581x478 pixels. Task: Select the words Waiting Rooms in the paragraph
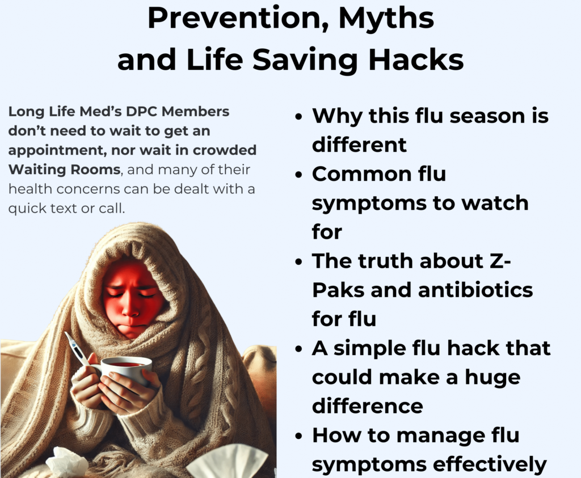click(65, 169)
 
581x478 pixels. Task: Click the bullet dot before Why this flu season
click(298, 117)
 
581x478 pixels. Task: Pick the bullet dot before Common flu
click(298, 175)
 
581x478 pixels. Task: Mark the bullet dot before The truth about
click(298, 262)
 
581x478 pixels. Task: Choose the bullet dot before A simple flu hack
click(298, 349)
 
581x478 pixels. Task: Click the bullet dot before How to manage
click(298, 436)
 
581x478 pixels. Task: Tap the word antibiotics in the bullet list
click(475, 290)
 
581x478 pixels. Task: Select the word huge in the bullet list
click(492, 378)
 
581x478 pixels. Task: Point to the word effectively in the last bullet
click(490, 464)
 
